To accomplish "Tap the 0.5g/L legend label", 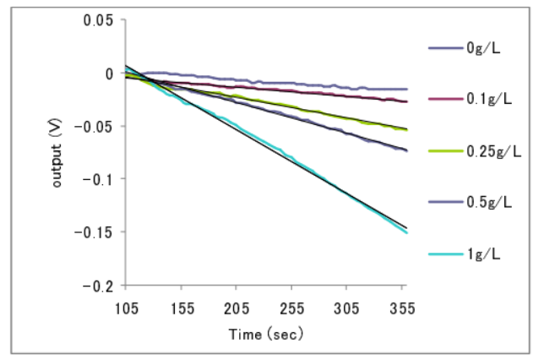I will pos(486,202).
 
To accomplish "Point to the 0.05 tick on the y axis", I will pos(100,20).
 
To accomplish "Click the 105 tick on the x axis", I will pos(127,310).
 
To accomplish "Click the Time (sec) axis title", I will pos(265,334).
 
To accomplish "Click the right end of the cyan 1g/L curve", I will pos(407,232).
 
